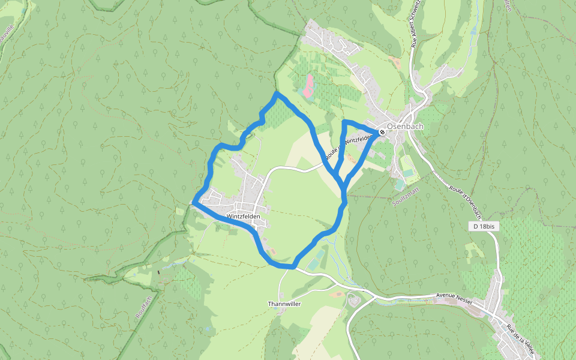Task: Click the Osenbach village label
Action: pos(405,127)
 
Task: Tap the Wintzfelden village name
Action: pos(244,216)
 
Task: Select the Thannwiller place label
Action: pos(284,304)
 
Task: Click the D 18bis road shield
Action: pos(484,226)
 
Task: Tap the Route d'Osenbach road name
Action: pos(465,201)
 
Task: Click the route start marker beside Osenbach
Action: pos(382,131)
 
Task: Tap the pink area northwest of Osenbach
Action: pos(307,86)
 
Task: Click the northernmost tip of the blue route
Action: pos(276,94)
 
